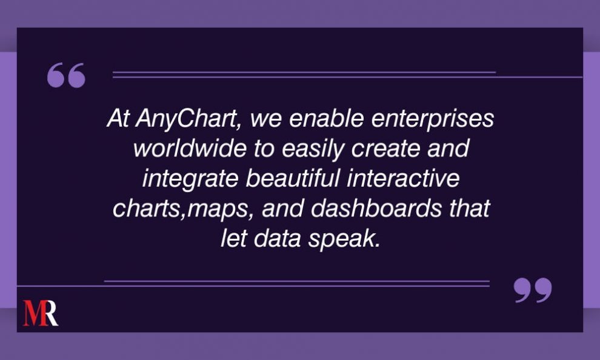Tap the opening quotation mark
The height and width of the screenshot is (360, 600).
[66, 76]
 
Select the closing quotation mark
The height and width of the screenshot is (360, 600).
[533, 290]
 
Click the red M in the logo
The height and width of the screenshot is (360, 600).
[33, 313]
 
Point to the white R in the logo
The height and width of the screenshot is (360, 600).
[50, 313]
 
